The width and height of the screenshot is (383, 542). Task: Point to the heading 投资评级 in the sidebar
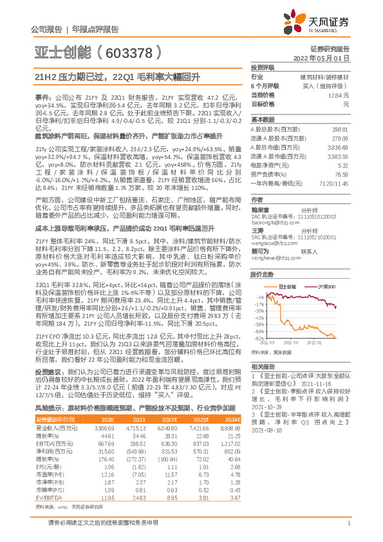tap(262, 67)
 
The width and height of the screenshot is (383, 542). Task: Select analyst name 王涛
tap(258, 230)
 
